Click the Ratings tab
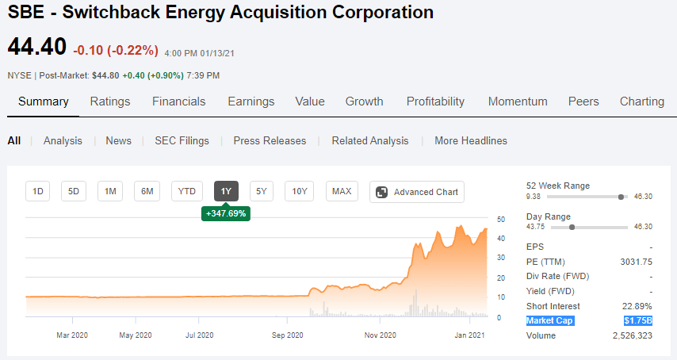[x=110, y=101]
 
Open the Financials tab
[x=178, y=101]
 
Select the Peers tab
[x=583, y=101]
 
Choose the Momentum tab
[x=518, y=101]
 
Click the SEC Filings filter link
[x=182, y=141]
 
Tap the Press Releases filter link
[x=270, y=141]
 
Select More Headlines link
[x=471, y=141]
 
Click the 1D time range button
[x=37, y=191]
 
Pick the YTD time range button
[x=186, y=191]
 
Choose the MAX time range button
[x=342, y=191]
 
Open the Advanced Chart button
[x=417, y=192]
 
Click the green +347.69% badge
[x=226, y=213]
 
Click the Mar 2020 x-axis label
[x=73, y=335]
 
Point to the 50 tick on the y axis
[x=500, y=219]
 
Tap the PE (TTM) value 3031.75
[x=637, y=262]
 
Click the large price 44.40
[x=36, y=47]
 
